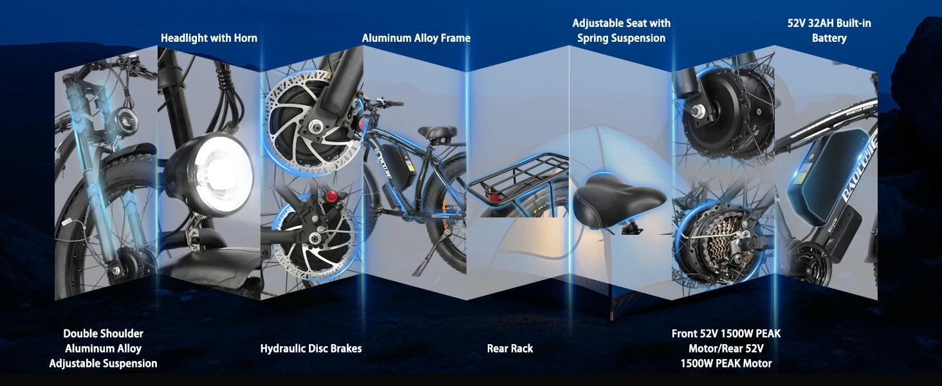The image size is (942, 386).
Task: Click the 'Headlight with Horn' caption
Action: [x=209, y=38]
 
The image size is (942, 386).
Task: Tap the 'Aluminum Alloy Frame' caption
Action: [x=416, y=38]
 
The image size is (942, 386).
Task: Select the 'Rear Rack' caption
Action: [x=510, y=349]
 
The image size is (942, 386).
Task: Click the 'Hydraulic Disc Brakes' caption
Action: [x=311, y=349]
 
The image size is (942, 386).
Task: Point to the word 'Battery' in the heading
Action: [x=829, y=38]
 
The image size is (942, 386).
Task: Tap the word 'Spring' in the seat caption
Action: [x=595, y=38]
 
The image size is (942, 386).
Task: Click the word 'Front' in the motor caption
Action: [x=684, y=333]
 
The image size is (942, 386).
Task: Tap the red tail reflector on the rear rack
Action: [x=494, y=198]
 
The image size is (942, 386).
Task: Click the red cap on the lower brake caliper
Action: [x=331, y=196]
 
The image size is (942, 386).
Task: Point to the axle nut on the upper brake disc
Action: [x=315, y=125]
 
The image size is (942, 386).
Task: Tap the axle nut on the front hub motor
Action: [x=698, y=111]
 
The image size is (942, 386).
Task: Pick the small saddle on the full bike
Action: [x=437, y=133]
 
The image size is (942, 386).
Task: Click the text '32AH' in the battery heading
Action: [x=821, y=24]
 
